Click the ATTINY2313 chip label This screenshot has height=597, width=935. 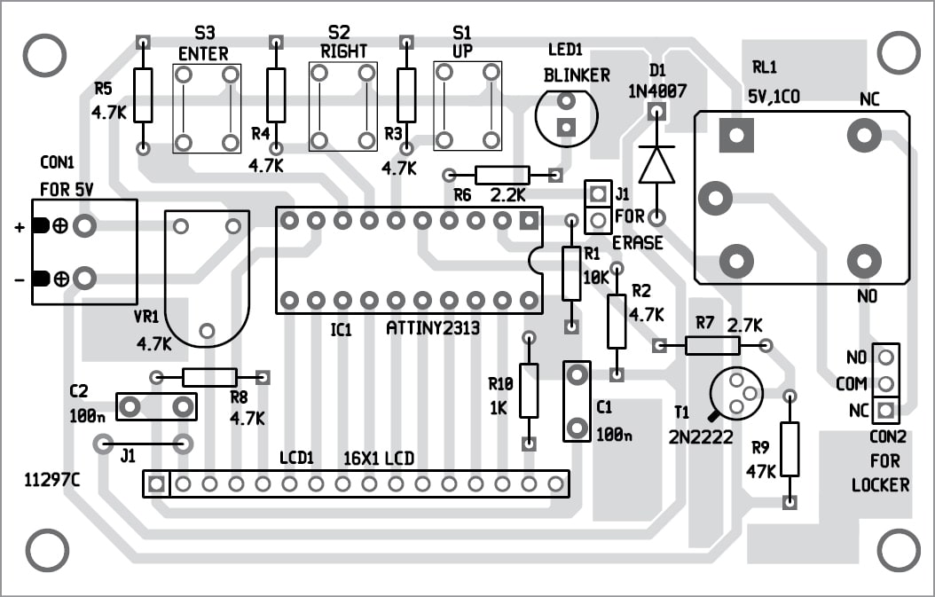[433, 329]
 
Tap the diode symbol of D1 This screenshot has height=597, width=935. [656, 164]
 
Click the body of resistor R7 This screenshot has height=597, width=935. [711, 345]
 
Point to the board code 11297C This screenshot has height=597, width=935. [52, 480]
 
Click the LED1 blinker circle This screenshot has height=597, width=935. [566, 115]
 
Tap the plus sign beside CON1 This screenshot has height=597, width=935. [19, 227]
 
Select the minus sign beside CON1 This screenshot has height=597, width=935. [19, 280]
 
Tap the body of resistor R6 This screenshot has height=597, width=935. [502, 175]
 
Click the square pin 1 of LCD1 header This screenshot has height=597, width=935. [156, 484]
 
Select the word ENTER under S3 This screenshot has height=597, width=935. [203, 54]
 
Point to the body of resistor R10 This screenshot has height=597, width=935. [529, 390]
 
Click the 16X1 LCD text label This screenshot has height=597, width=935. [380, 460]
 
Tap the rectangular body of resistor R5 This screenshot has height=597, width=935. [143, 95]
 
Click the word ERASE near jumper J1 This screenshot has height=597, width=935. [637, 243]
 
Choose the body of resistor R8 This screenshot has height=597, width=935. [209, 377]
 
